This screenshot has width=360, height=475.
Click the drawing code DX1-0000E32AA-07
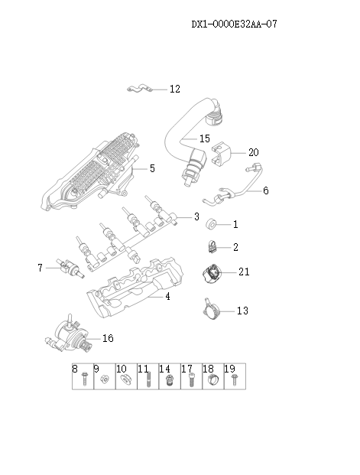(x=233, y=24)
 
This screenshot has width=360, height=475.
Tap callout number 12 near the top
(x=174, y=89)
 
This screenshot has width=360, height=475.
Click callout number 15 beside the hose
(x=204, y=139)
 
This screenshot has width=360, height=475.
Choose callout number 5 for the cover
(x=151, y=168)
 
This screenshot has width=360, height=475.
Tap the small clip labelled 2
(x=211, y=246)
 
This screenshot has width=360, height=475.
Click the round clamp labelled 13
(x=211, y=309)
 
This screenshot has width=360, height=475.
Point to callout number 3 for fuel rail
(x=196, y=216)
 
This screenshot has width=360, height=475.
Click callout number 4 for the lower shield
(x=167, y=295)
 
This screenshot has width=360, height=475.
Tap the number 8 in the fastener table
(x=76, y=369)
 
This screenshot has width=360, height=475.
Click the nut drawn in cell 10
(x=122, y=382)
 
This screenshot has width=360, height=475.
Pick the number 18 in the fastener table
(x=208, y=369)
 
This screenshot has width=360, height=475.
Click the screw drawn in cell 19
(x=230, y=380)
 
